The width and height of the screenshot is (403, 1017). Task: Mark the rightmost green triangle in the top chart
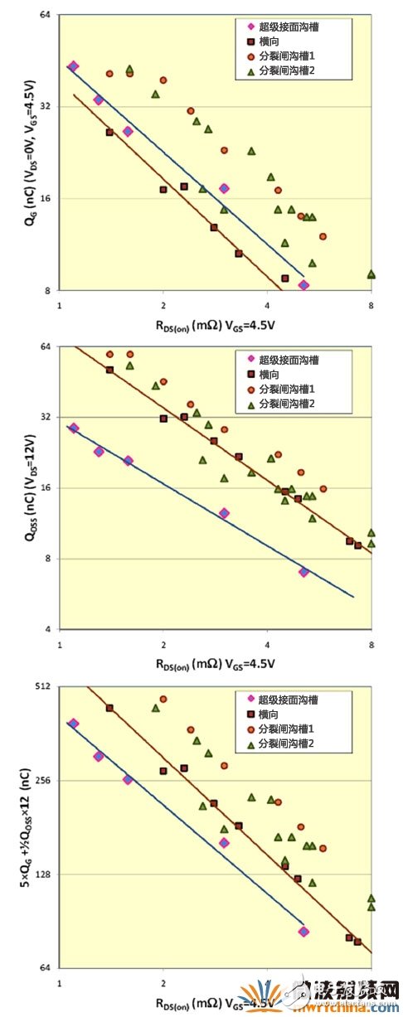coord(371,274)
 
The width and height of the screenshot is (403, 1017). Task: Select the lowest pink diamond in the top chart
coord(303,285)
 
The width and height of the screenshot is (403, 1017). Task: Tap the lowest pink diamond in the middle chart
coord(303,572)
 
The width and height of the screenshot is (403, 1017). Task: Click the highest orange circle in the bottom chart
coord(163,699)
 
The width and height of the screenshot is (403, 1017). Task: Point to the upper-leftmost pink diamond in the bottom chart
coord(73,724)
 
